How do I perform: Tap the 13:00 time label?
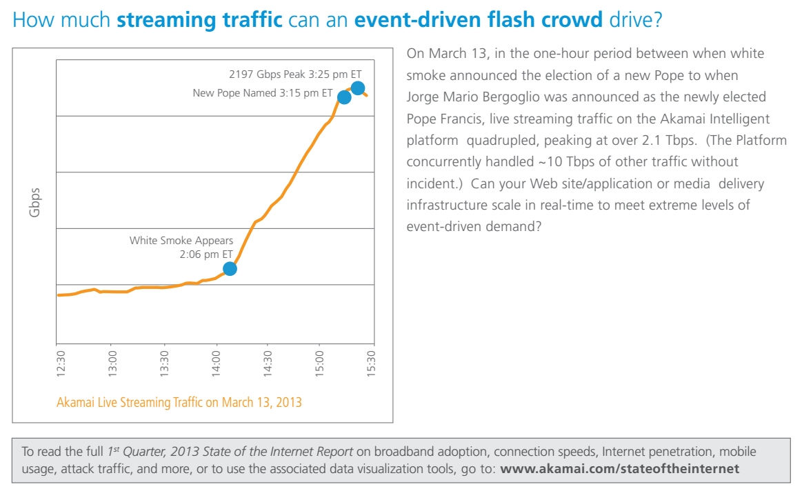113,363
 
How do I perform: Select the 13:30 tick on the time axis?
164,363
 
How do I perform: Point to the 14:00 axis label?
217,363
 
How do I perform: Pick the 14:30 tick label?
268,363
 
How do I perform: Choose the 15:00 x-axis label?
320,363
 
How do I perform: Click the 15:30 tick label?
372,363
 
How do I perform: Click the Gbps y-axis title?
34,202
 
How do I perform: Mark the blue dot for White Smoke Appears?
230,269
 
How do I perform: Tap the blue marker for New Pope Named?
344,97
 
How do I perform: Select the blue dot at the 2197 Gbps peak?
358,88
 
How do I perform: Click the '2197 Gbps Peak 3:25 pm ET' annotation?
295,74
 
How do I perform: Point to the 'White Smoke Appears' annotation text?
181,241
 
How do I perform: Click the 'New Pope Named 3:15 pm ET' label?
263,92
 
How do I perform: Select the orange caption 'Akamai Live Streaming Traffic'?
179,401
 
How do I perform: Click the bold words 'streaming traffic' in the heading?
200,19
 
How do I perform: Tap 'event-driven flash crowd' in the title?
479,19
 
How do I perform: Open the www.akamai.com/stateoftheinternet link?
619,469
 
